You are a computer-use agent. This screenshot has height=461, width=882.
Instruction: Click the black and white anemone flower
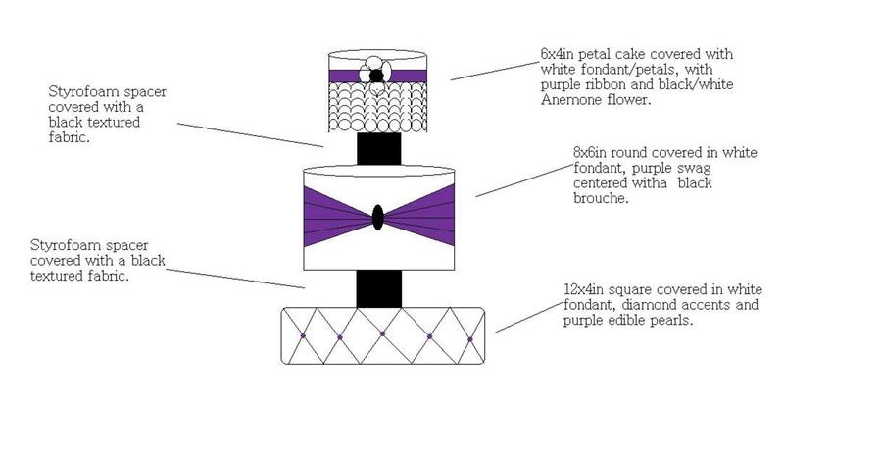(376, 75)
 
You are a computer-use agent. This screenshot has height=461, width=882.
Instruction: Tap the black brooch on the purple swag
(378, 217)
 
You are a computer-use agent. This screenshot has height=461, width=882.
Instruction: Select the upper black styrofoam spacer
(378, 149)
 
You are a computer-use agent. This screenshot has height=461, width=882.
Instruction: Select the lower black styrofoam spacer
(378, 289)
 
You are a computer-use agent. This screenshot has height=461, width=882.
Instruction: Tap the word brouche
(601, 198)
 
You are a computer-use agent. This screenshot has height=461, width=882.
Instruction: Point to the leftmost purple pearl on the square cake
(302, 336)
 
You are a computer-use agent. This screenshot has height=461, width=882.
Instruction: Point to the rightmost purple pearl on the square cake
(470, 339)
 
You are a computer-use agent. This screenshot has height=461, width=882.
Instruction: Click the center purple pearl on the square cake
(383, 336)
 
